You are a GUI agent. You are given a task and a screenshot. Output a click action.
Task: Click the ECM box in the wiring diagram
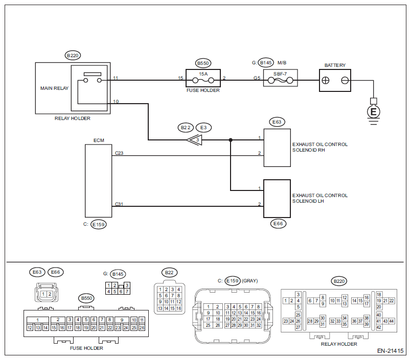tap(99, 181)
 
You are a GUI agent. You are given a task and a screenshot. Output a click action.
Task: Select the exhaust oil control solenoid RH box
tap(277, 148)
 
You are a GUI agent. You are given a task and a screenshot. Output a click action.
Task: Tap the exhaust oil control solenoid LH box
tap(277, 199)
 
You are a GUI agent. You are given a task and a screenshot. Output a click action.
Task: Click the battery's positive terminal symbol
tap(326, 80)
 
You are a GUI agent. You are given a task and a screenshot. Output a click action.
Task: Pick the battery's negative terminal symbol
tap(345, 80)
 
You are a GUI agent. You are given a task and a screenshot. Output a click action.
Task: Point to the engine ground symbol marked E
tap(374, 112)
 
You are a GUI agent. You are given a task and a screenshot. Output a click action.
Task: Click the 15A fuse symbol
tap(203, 80)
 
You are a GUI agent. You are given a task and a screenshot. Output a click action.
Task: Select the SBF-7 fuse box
tap(281, 78)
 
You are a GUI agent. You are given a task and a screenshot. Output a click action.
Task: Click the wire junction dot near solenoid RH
tap(231, 140)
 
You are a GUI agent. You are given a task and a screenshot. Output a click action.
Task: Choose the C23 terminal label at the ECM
tap(119, 153)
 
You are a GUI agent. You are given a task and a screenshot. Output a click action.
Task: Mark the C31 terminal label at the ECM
tap(119, 204)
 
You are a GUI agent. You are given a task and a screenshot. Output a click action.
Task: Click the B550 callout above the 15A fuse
tap(203, 63)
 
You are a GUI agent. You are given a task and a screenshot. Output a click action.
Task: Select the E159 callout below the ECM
tap(99, 224)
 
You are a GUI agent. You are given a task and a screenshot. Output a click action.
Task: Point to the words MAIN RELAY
tap(54, 88)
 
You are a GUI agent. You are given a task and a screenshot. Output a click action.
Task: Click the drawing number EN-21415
tap(390, 351)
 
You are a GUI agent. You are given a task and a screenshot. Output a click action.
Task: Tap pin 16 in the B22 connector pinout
tap(179, 308)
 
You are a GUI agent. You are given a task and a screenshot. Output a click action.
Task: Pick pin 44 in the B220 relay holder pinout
tap(392, 321)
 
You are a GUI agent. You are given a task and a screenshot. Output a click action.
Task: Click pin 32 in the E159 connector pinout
tap(259, 325)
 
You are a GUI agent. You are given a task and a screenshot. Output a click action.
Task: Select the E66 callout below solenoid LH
tap(278, 224)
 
